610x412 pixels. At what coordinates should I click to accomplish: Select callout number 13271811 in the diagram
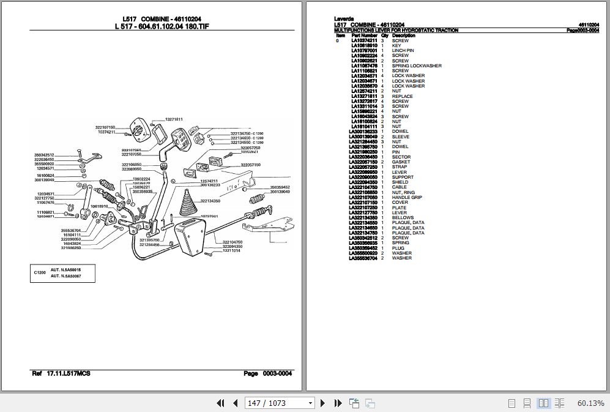tap(175, 119)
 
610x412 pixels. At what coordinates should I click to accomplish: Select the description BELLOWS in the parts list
tap(403, 218)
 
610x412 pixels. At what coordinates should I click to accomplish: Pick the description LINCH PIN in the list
tap(403, 51)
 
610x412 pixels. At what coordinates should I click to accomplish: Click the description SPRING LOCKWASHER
tap(416, 66)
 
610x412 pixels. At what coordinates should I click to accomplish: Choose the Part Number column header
tap(364, 36)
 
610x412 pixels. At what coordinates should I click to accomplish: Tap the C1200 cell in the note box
tap(40, 273)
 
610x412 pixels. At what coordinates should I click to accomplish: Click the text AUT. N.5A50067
tap(65, 277)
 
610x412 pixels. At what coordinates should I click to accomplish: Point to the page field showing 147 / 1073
tap(280, 403)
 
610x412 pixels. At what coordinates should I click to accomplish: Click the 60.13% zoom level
tap(590, 403)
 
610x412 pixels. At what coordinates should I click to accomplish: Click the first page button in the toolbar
tap(221, 403)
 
